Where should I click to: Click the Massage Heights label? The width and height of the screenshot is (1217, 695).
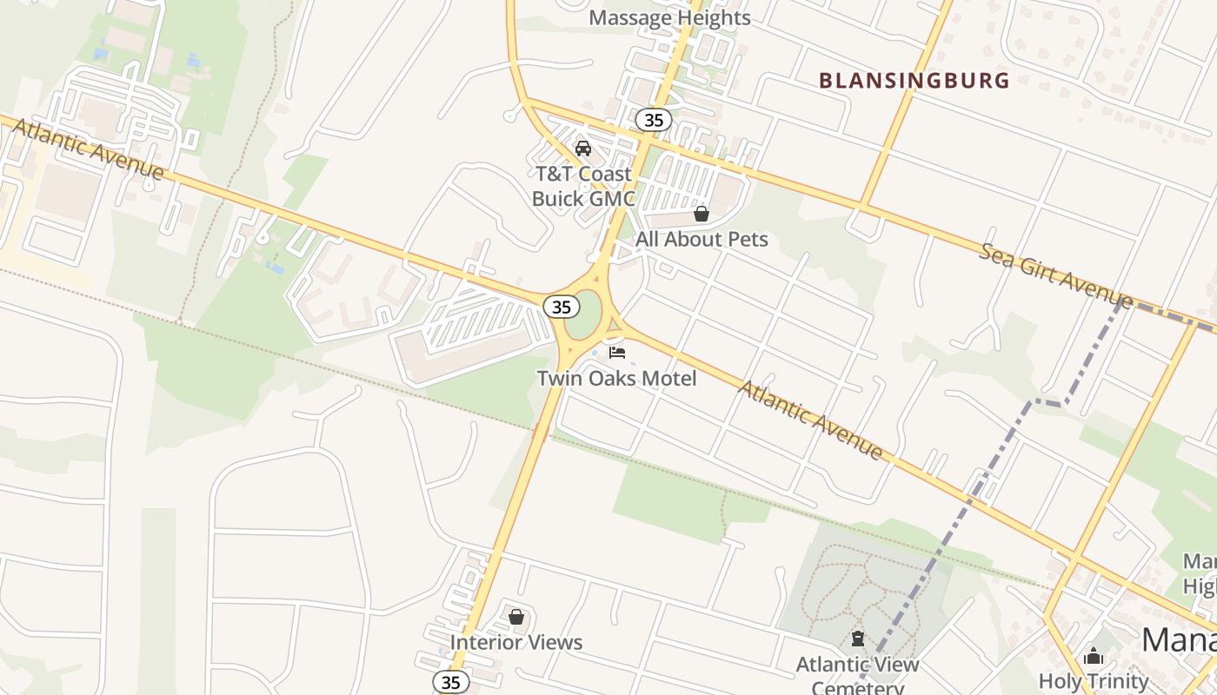coord(669,17)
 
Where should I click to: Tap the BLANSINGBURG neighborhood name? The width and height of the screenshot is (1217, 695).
coord(914,81)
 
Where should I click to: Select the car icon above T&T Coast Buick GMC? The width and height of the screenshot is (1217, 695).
coord(583,148)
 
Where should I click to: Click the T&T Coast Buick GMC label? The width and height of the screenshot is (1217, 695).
coord(582,186)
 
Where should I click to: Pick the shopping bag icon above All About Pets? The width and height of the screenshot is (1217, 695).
coord(702,214)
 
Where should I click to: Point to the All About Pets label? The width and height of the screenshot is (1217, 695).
coord(702,239)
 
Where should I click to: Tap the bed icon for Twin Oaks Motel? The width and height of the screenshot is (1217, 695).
coord(617,353)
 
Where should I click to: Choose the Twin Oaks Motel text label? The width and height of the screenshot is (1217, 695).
coord(616,379)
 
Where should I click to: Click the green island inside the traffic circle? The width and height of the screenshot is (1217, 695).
coord(588,314)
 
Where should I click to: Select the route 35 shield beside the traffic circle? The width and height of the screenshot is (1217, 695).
coord(562,307)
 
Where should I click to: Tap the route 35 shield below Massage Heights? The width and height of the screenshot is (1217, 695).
coord(653,120)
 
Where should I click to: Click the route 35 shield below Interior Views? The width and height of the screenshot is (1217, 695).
coord(450,682)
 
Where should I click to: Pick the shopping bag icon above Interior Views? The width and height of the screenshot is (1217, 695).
coord(516,617)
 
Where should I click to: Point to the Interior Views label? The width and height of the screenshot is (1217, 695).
coord(516,643)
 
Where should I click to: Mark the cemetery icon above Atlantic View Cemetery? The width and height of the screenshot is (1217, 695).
coord(858,639)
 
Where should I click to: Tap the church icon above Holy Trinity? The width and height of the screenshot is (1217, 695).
coord(1094,656)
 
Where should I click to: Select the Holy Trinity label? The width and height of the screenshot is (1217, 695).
coord(1094,681)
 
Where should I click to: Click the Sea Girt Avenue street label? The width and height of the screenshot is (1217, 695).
coord(1055,276)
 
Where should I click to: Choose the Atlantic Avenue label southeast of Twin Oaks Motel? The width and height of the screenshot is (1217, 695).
coord(810,420)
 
